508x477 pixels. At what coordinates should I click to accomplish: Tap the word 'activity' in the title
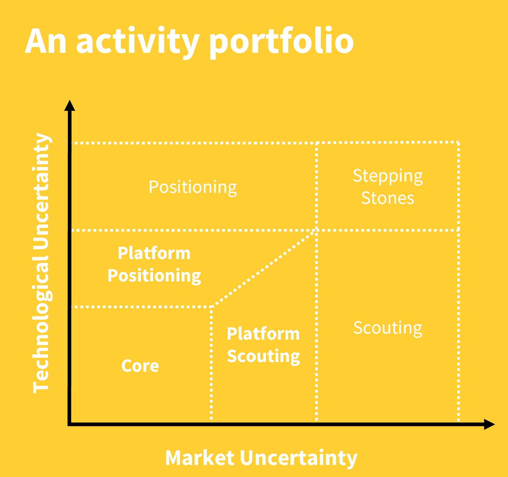(138, 42)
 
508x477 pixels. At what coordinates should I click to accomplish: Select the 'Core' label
(140, 366)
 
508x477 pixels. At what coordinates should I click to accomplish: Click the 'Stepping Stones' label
(388, 187)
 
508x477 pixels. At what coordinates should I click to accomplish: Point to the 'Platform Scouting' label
(263, 345)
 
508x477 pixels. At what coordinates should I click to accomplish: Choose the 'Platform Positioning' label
(154, 264)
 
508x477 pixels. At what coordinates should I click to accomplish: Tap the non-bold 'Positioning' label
(193, 187)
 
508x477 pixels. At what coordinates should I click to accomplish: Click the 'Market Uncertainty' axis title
(261, 458)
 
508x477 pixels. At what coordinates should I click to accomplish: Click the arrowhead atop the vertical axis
(70, 105)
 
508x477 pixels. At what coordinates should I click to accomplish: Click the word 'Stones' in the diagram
(388, 198)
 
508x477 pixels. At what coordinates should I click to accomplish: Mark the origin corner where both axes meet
(70, 425)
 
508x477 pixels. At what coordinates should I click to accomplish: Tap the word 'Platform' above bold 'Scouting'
(263, 334)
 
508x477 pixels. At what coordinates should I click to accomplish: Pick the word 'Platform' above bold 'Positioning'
(154, 253)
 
